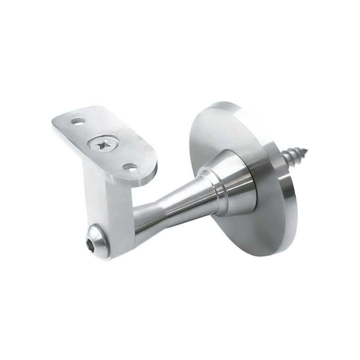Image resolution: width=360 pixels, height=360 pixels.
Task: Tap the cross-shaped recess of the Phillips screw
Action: [x=102, y=145]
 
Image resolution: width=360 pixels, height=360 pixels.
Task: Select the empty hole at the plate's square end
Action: [x=78, y=121]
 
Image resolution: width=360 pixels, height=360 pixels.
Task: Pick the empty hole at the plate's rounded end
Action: [x=130, y=168]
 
